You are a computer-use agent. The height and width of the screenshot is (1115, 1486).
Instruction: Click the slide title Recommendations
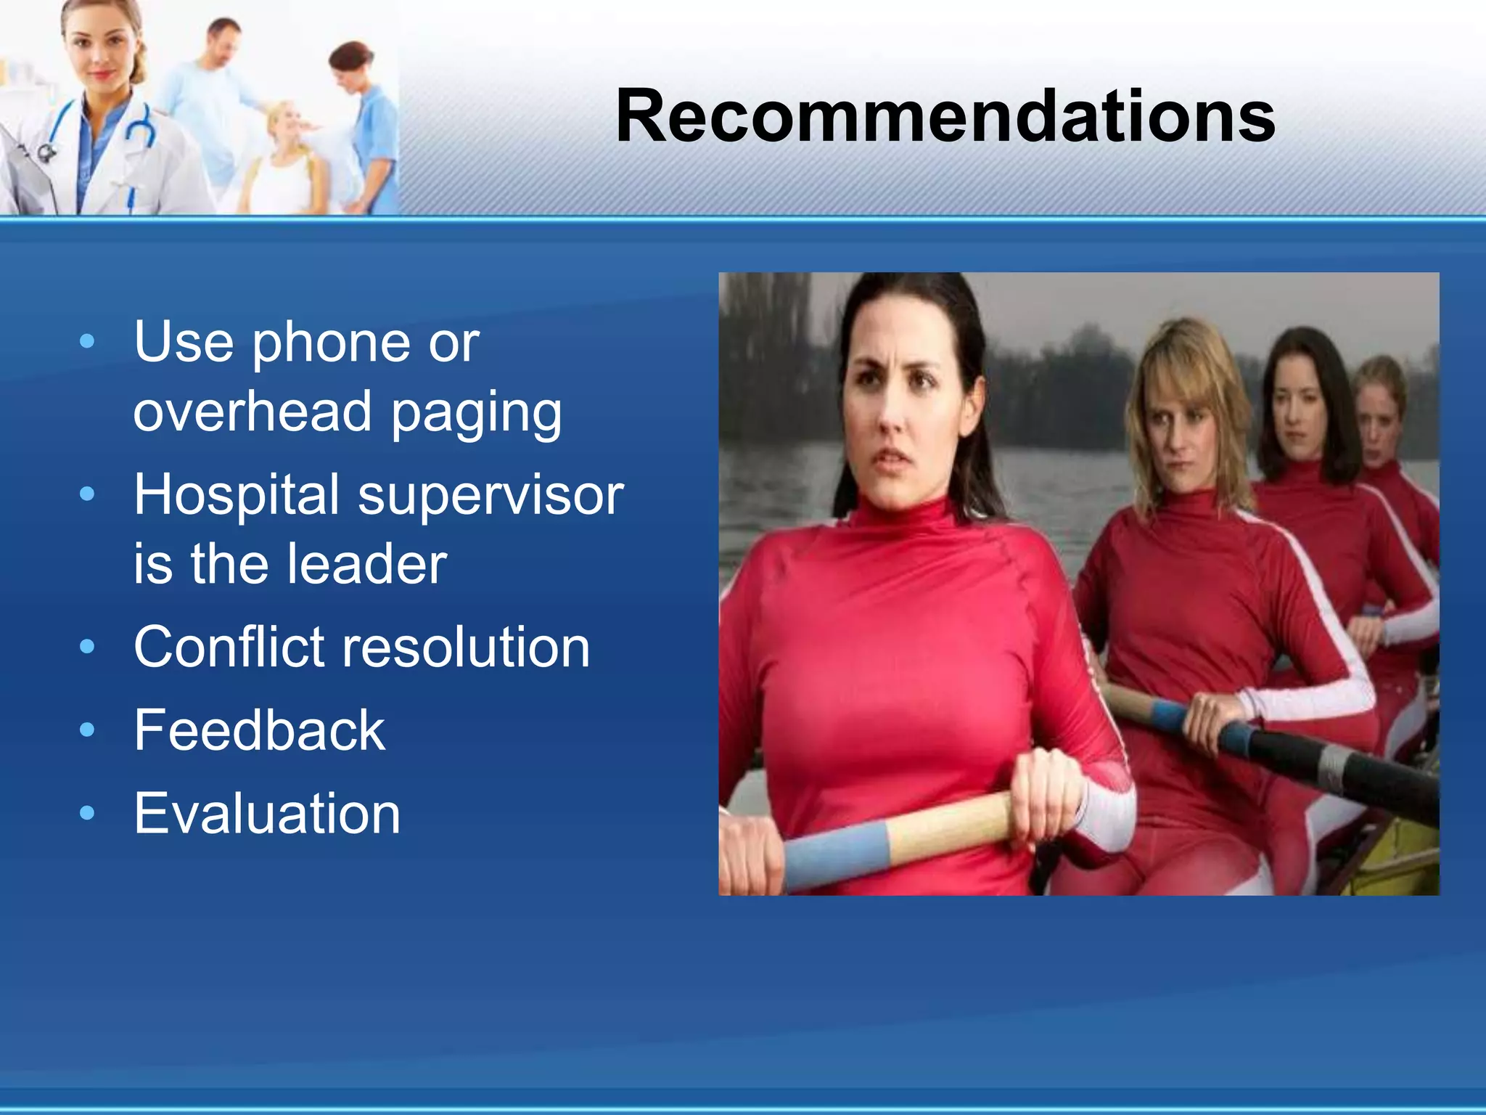[x=945, y=116]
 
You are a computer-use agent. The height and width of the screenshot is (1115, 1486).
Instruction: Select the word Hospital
[x=237, y=495]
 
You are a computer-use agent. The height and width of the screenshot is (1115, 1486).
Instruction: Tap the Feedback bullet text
[x=259, y=730]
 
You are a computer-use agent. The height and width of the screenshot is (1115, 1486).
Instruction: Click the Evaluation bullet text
[x=266, y=814]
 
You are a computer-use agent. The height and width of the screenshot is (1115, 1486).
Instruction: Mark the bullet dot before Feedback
[x=87, y=730]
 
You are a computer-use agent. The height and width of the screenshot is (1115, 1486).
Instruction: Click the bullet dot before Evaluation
[x=87, y=814]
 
